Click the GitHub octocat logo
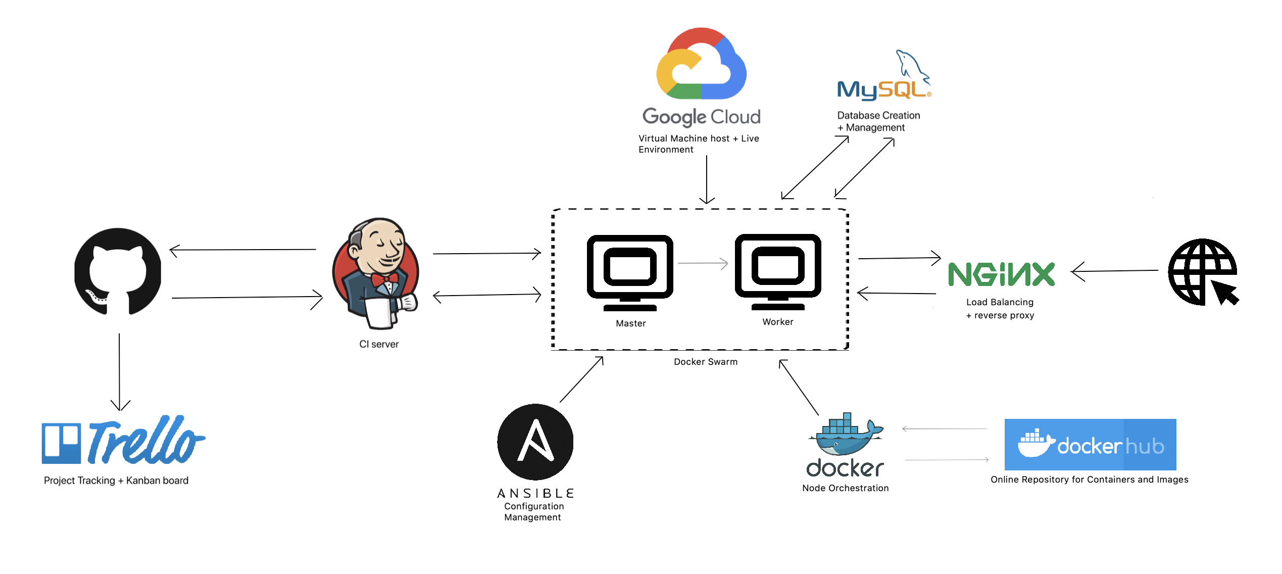pos(118,271)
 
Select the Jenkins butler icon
pos(376,273)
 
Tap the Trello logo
pos(123,440)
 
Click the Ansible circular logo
pos(535,442)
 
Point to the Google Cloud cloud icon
pos(701,63)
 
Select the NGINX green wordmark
pos(1001,274)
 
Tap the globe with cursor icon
pos(1203,272)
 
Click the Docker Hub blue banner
pos(1090,444)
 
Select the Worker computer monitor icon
pos(778,272)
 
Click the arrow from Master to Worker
pos(703,263)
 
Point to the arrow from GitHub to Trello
pos(120,372)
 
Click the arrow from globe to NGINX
pos(1114,271)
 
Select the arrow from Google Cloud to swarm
pos(707,179)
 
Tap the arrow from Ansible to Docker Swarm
pos(581,379)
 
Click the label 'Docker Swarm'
pos(706,362)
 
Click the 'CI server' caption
pos(379,344)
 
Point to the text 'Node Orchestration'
pos(846,488)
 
